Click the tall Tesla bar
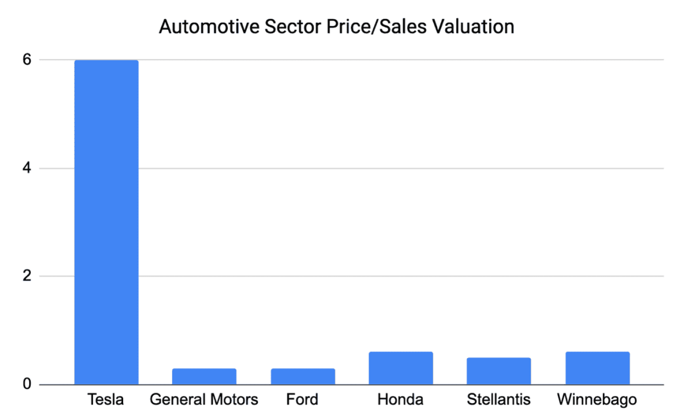coord(106,222)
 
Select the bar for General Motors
coord(204,376)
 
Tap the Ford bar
coord(303,376)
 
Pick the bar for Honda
coord(401,368)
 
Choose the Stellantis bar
coord(499,371)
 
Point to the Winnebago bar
coord(597,368)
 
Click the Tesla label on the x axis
coord(106,400)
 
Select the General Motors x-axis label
coord(204,400)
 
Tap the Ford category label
coord(302,400)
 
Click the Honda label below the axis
coord(401,400)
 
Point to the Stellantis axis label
coord(499,400)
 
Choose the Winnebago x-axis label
coord(597,400)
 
